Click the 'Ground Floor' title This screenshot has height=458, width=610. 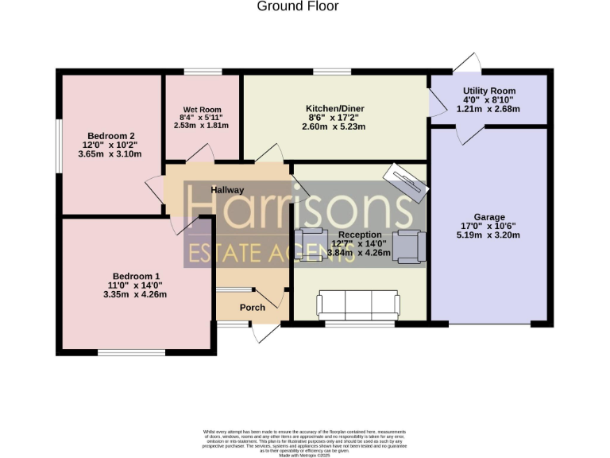tap(298, 6)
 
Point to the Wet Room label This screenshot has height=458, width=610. tap(202, 110)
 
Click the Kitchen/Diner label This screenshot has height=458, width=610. tap(335, 107)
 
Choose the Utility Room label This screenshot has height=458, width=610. tap(488, 91)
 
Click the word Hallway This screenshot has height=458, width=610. tap(227, 190)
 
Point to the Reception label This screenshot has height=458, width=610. tap(360, 235)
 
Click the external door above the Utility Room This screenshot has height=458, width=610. tap(467, 63)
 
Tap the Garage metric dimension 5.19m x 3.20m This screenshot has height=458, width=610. tap(488, 235)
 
